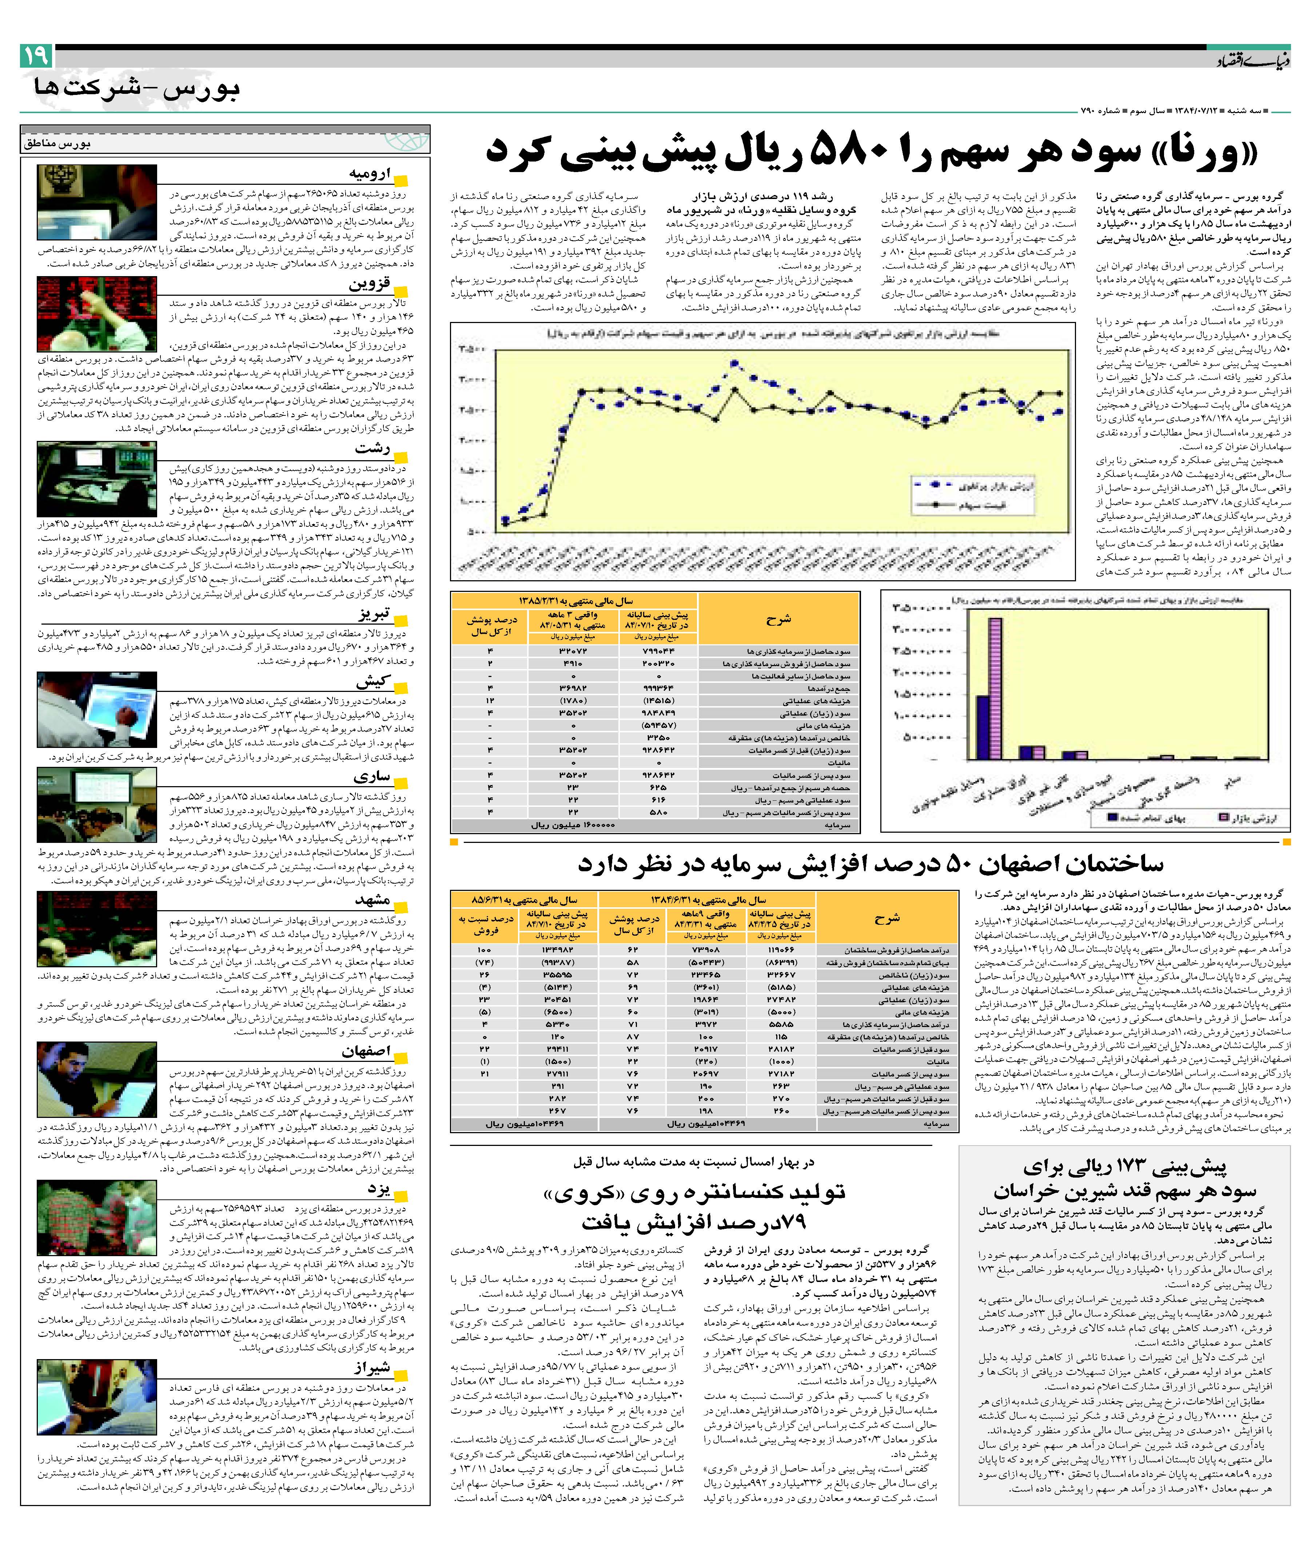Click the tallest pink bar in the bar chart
coord(995,687)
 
